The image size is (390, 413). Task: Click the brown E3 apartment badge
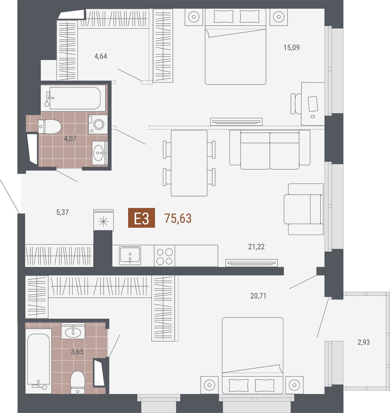tap(141, 218)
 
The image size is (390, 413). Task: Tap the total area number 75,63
tap(178, 218)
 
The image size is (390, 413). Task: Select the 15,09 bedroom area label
tap(292, 47)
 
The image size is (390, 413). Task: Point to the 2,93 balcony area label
tap(363, 342)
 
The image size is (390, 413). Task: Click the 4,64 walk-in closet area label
tap(101, 56)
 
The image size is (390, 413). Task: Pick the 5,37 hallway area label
tap(62, 212)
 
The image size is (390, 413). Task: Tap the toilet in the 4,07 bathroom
tap(50, 126)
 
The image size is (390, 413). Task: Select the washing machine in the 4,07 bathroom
tap(98, 124)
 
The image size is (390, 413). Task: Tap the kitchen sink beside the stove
tap(130, 256)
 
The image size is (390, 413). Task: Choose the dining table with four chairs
tap(189, 163)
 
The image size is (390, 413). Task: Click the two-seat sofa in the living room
tap(270, 149)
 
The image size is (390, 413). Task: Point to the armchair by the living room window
tap(304, 209)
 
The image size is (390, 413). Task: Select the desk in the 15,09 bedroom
tap(313, 104)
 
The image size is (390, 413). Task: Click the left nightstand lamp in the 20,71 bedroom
tap(209, 385)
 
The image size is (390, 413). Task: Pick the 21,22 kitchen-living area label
tap(256, 247)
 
